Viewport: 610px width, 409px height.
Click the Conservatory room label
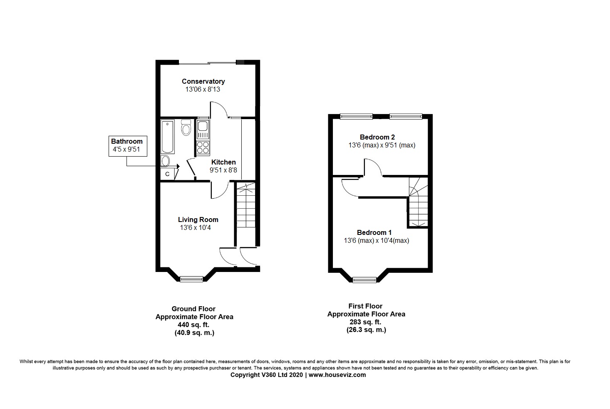point(203,81)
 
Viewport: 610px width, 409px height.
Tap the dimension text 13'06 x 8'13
point(203,89)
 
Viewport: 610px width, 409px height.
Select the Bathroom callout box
point(128,145)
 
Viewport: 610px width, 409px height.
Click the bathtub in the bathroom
point(168,136)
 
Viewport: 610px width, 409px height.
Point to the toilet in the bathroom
point(186,128)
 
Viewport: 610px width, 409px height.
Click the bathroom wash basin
point(166,161)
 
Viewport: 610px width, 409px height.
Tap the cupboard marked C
point(167,174)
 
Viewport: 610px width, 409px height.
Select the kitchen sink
point(203,129)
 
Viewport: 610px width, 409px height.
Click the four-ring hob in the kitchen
point(203,148)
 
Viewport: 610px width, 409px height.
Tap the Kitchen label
point(223,162)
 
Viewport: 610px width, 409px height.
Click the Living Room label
point(198,219)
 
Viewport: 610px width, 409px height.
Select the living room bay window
point(192,279)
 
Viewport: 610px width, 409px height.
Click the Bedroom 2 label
point(377,137)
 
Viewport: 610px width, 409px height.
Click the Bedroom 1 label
point(374,232)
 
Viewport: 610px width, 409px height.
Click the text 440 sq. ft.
point(194,325)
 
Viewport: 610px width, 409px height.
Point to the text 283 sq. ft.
point(366,322)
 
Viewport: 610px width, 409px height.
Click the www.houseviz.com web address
point(337,375)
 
